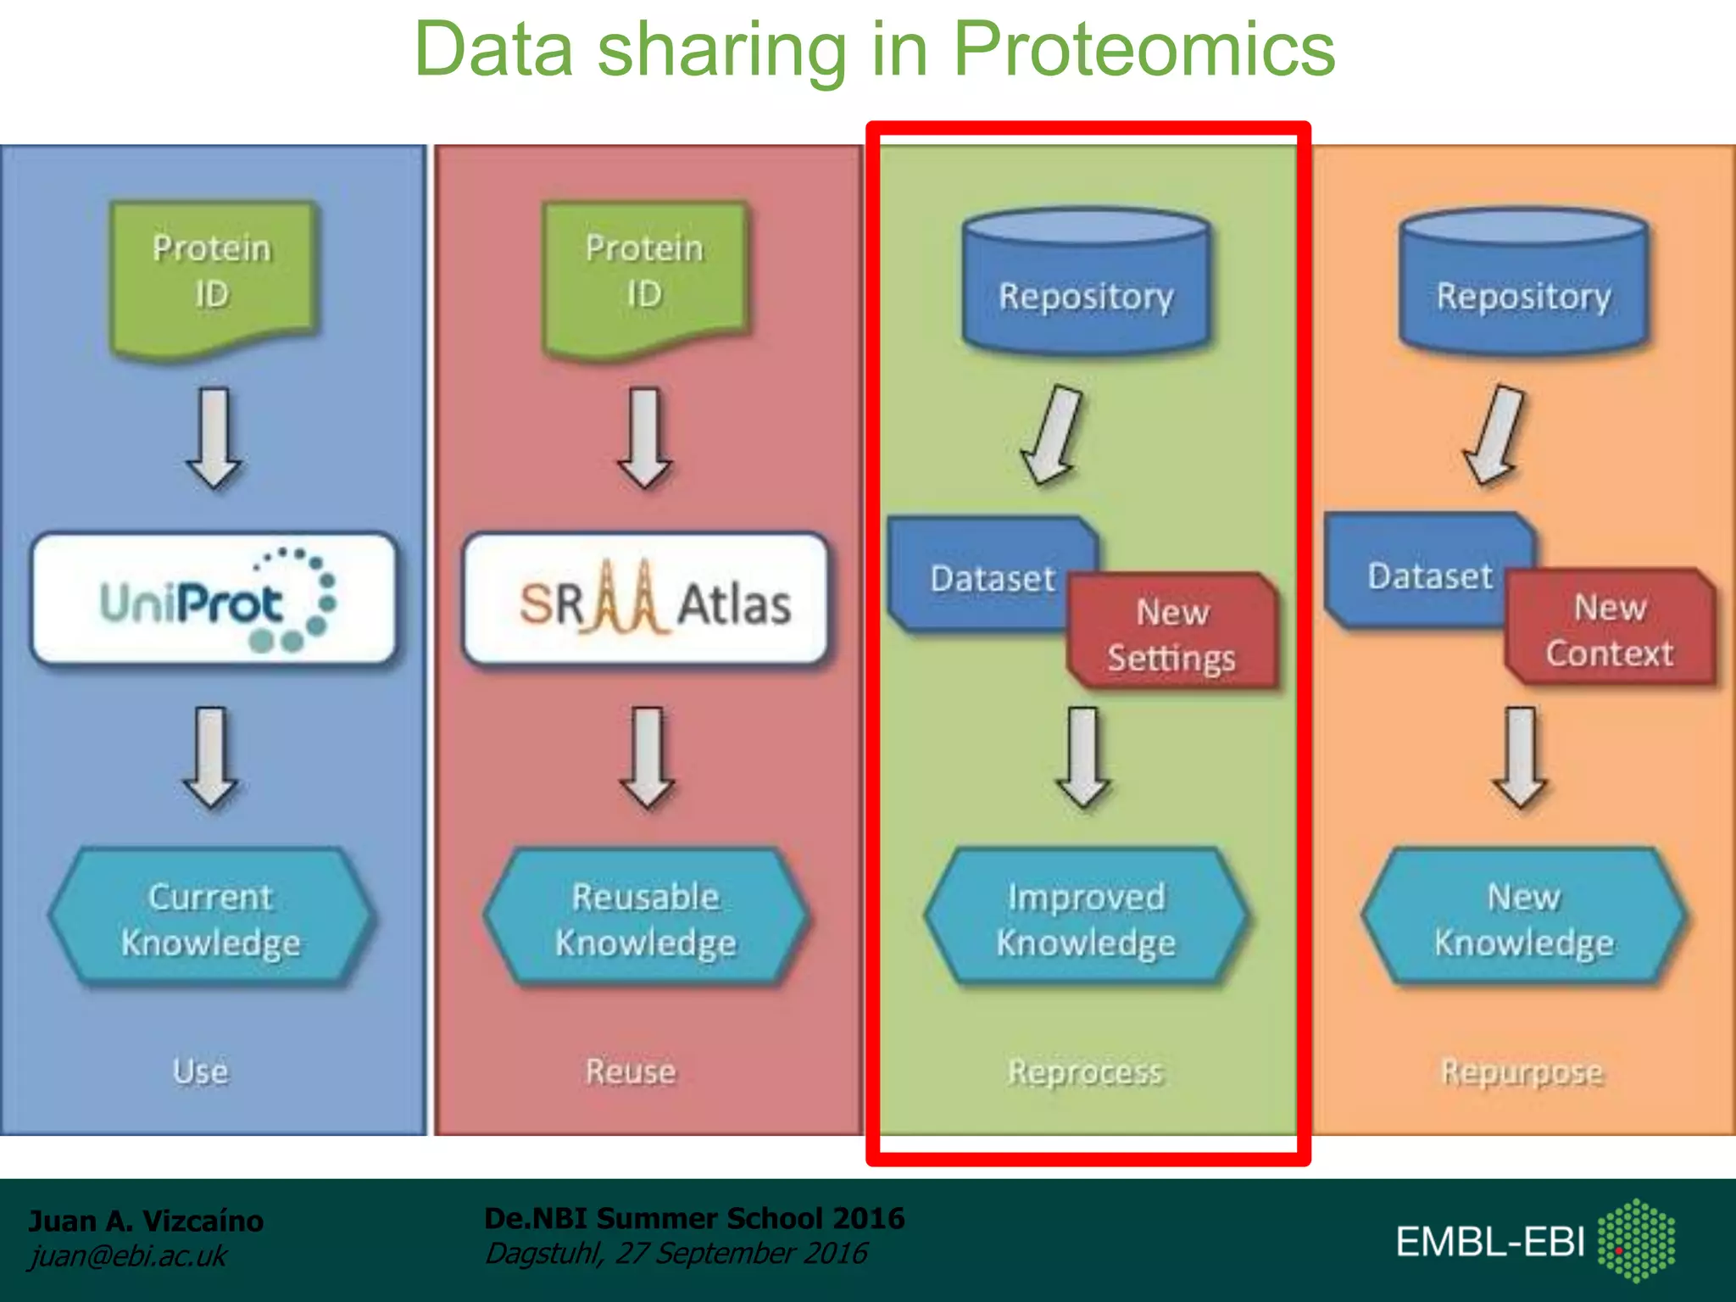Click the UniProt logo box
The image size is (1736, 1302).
[214, 599]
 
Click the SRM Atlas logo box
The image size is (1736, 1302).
[646, 599]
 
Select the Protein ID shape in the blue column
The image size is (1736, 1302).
[212, 275]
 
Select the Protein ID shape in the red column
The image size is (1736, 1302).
[644, 275]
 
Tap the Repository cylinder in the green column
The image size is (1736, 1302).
[1086, 284]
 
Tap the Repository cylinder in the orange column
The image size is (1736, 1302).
[1523, 284]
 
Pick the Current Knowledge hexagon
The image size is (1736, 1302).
[210, 919]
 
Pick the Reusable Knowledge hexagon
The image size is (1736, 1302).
[646, 919]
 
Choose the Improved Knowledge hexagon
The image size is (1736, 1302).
[1086, 919]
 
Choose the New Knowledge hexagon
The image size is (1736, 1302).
[1523, 919]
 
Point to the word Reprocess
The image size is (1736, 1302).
[1085, 1071]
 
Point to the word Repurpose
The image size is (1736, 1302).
[1522, 1071]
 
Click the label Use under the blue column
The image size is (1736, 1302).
[201, 1071]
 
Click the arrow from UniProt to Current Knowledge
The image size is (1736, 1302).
[210, 757]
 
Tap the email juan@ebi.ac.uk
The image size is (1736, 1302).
[128, 1255]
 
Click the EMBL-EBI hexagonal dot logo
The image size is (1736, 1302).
[1636, 1240]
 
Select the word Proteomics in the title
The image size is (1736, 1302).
[1143, 49]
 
